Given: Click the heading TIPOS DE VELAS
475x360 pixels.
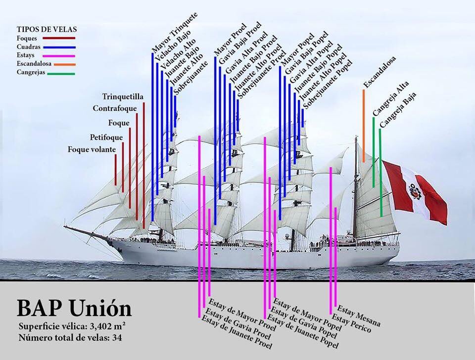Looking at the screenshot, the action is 47,29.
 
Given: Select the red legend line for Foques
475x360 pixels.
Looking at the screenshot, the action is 59,38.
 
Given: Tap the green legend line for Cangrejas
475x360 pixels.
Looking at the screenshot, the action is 61,74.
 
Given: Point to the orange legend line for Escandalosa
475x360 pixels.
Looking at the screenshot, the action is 65,64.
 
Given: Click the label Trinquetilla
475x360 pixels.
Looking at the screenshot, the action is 123,97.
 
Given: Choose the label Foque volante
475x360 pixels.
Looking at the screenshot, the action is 92,149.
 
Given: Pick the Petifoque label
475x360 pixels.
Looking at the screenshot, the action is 106,137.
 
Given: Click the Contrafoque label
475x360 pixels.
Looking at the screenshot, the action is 115,108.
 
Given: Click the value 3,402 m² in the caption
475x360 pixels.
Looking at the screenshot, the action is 107,326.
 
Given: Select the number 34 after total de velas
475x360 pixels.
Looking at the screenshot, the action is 117,337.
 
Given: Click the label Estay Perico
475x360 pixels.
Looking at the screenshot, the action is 351,323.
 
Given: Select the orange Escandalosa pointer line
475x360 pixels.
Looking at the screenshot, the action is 364,126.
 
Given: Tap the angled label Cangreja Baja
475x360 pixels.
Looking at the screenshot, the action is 398,110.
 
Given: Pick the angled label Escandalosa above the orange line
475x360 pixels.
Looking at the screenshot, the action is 380,72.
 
